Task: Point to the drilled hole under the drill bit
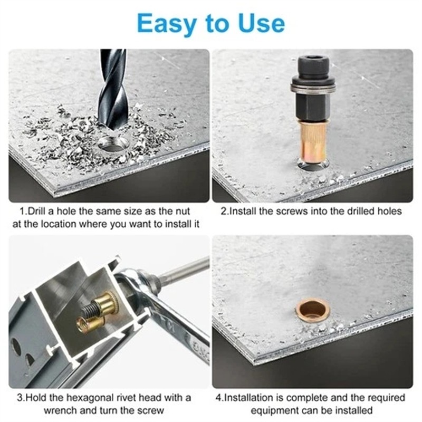tap(113, 143)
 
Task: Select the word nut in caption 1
tap(183, 212)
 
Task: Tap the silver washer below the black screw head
tap(313, 87)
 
